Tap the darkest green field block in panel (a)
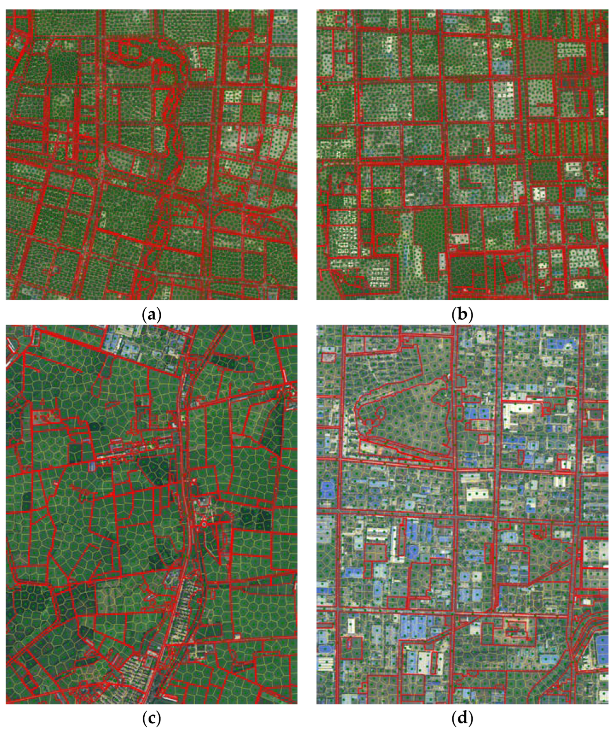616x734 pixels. tap(63, 70)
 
